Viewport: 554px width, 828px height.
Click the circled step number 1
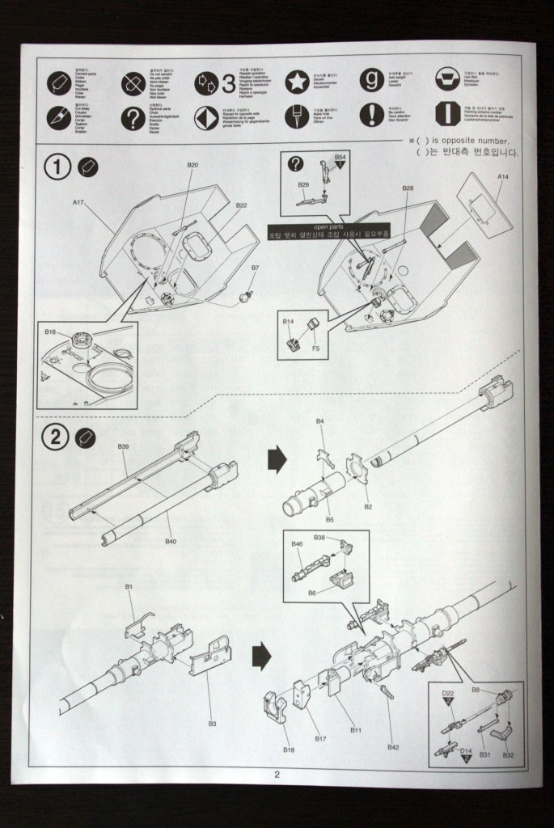[x=58, y=167]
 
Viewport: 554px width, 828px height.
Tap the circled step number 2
[x=55, y=438]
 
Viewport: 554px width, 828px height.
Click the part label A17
[x=78, y=204]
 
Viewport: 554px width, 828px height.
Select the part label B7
[x=255, y=268]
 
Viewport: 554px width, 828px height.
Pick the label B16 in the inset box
[x=50, y=332]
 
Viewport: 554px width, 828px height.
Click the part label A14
[x=502, y=175]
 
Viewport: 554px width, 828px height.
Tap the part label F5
[x=316, y=349]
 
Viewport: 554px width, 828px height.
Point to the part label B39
[x=123, y=447]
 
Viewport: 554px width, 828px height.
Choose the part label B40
[x=171, y=541]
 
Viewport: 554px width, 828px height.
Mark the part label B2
[x=368, y=506]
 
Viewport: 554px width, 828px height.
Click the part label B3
[x=212, y=724]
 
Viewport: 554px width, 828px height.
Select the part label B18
[x=289, y=750]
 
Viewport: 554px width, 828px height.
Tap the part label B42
[x=393, y=746]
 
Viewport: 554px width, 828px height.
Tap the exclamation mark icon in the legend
[x=371, y=114]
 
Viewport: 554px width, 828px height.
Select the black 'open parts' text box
[x=328, y=232]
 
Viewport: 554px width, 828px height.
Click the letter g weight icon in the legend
[x=372, y=79]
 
